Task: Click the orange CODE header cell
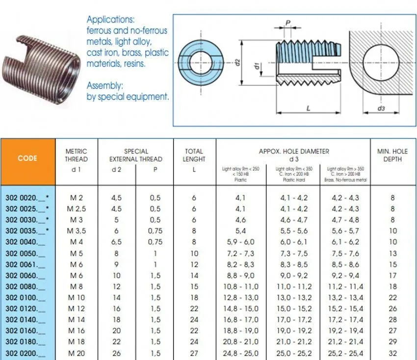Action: pos(27,158)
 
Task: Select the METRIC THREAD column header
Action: pos(76,155)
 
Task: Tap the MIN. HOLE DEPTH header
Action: pos(392,155)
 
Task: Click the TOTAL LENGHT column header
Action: pos(194,155)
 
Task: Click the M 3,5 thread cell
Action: pos(76,231)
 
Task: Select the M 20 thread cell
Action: pos(76,354)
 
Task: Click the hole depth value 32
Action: pos(392,354)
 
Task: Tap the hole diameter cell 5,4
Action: pos(241,231)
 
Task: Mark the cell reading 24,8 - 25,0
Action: pos(241,354)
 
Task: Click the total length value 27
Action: pos(194,354)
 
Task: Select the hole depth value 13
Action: pos(392,254)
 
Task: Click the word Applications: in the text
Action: pos(110,20)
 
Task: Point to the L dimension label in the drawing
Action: pos(309,108)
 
